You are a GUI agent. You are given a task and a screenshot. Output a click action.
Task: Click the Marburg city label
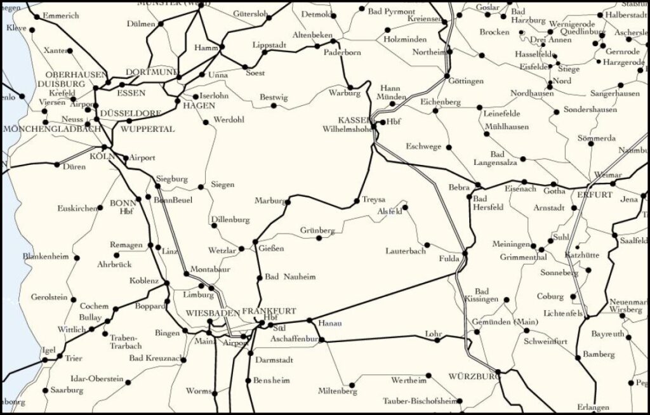[269, 201]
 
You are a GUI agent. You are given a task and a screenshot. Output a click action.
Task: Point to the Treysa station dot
[357, 202]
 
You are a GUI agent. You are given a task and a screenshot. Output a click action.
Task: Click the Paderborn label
[342, 53]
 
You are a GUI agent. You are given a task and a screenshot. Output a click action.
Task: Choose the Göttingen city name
[465, 81]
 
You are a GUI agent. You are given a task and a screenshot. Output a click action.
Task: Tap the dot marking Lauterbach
[427, 245]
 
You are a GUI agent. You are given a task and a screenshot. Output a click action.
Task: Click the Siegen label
[222, 185]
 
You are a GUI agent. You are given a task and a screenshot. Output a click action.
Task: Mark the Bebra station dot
[479, 185]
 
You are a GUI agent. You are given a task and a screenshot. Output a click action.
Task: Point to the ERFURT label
[595, 194]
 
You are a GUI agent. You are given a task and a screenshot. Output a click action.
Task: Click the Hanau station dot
[309, 321]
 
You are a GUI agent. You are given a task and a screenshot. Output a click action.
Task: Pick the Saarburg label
[67, 390]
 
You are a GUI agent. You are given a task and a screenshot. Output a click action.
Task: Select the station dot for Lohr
[437, 339]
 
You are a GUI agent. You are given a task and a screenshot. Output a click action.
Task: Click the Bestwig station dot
[274, 105]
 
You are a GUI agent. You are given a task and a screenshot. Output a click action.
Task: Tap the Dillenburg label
[230, 220]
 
